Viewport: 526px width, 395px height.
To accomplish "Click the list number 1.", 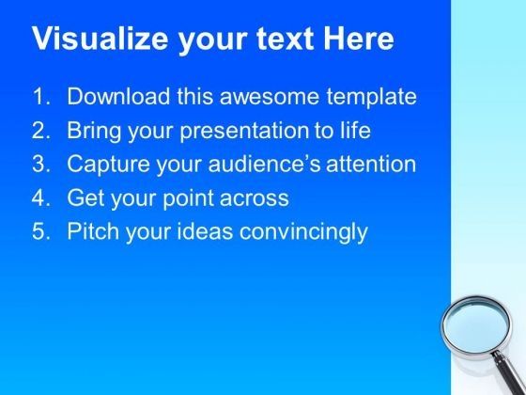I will pos(40,97).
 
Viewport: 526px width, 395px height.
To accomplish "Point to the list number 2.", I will pos(40,131).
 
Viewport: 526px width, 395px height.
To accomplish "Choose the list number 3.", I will pos(40,165).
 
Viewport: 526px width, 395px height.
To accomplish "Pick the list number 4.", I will pos(40,198).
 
